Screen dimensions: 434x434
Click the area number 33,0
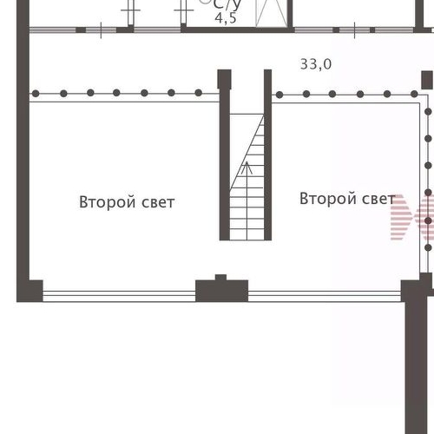pyautogui.click(x=315, y=64)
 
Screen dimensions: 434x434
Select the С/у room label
pyautogui.click(x=227, y=3)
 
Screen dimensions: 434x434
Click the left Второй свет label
pyautogui.click(x=127, y=202)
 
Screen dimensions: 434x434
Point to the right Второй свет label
pyautogui.click(x=346, y=199)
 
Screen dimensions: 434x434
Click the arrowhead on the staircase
pyautogui.click(x=247, y=165)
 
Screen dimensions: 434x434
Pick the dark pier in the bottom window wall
pyautogui.click(x=221, y=288)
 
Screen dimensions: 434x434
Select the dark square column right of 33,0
pyautogui.click(x=426, y=81)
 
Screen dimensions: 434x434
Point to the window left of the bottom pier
pyautogui.click(x=119, y=295)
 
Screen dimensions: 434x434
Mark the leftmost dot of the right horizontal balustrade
pyautogui.click(x=279, y=94)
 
